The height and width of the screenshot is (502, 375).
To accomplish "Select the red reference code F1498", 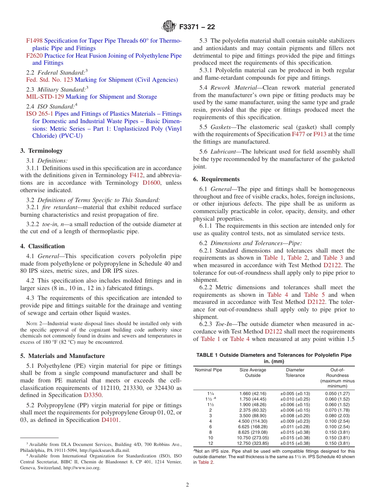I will tap(34, 41).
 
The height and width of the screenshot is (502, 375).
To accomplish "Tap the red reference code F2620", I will tap(34, 56).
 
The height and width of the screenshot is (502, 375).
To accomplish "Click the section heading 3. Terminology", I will tap(41, 150).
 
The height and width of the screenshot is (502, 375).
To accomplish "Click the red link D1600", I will tap(152, 183).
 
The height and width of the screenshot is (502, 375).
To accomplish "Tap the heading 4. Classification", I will tap(42, 246).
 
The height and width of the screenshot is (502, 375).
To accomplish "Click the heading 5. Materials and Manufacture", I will tap(62, 356).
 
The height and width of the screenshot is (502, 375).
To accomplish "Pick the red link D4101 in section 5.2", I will tap(110, 420).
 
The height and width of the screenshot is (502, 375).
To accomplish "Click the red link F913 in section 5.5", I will tap(320, 134).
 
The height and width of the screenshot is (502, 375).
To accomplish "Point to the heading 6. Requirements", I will tap(216, 179).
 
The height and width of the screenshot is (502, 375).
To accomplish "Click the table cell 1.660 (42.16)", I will tap(253, 393).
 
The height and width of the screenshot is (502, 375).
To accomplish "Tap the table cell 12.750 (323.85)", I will tap(253, 443).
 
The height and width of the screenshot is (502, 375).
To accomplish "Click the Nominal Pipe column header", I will tap(209, 370).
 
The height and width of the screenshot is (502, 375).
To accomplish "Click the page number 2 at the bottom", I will tap(187, 485).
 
